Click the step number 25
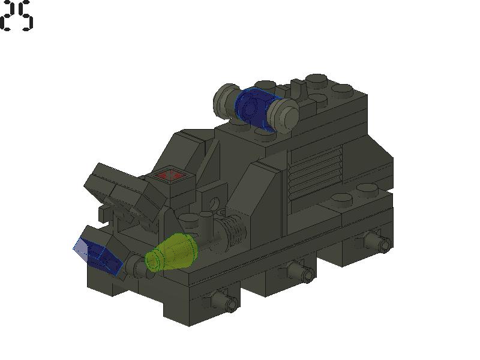tap(16, 16)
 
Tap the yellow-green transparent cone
tap(172, 253)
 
